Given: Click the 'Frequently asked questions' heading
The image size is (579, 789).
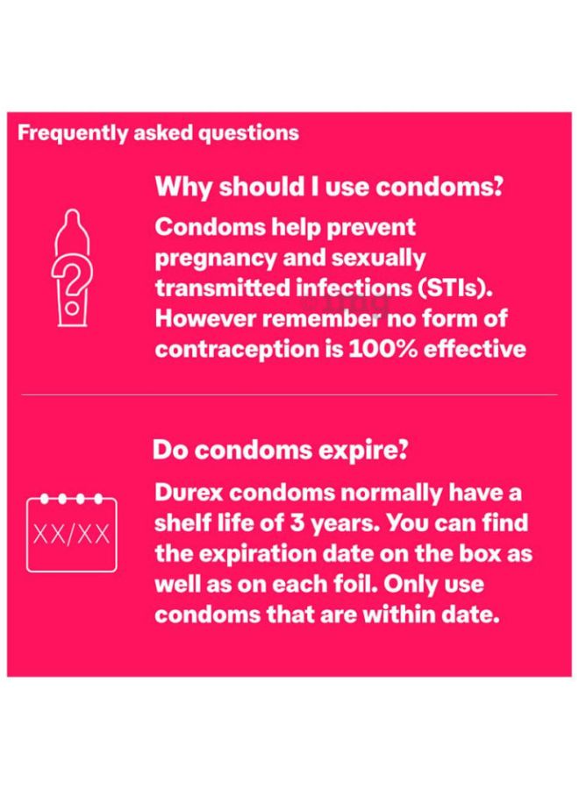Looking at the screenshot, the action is pos(158,134).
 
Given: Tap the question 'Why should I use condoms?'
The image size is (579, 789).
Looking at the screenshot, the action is pos(329,188).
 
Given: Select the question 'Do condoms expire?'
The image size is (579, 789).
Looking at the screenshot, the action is pos(280,450).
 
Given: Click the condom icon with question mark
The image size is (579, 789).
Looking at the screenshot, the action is pos(72,267).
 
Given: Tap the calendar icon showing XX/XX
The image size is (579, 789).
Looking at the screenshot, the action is pos(71,533).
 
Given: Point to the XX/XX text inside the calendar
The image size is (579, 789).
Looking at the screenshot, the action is pos(71,534).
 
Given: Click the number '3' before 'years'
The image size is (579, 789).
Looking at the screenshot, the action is pos(297,523).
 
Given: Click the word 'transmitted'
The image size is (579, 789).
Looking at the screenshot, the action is pos(223,288).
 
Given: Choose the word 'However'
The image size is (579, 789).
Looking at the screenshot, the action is pos(205,319).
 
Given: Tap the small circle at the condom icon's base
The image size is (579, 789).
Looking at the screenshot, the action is pos(73,308).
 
